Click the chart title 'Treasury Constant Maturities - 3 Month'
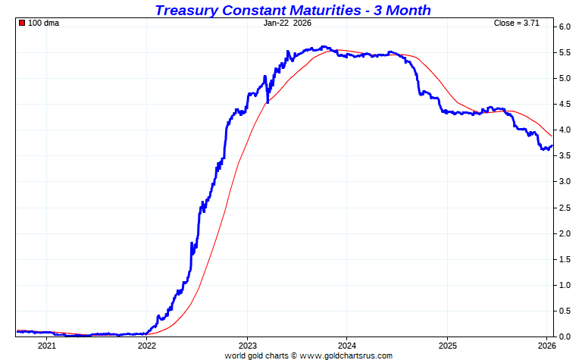292,10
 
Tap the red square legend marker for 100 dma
22,23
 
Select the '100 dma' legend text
43,23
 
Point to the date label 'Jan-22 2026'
287,23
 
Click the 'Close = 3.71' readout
516,23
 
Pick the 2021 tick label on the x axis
47,346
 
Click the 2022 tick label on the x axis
147,346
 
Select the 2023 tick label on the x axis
247,346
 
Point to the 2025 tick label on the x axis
447,346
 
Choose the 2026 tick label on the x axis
546,346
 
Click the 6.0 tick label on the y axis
565,27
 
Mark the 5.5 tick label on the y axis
565,53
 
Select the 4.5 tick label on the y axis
565,105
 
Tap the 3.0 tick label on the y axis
565,182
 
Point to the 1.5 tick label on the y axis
565,259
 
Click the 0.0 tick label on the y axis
565,336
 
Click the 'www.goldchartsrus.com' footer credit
346,355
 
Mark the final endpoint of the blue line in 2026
552,146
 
